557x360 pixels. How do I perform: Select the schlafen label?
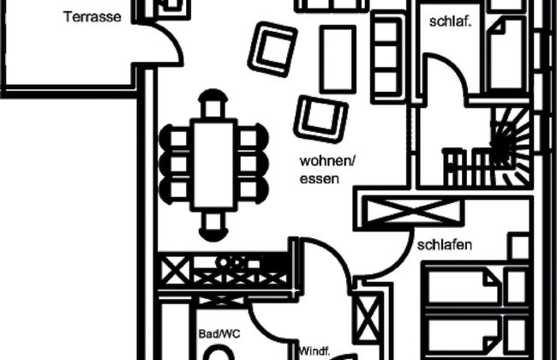tap(446, 244)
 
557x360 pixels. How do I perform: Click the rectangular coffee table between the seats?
tap(337, 58)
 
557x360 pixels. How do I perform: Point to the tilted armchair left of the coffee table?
tap(273, 50)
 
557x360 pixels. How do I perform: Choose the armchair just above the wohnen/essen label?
tap(321, 118)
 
